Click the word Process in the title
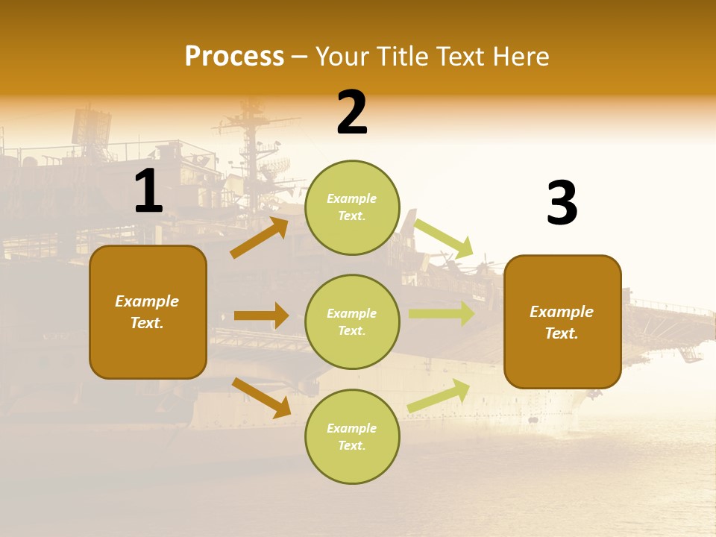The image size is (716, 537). coord(235,56)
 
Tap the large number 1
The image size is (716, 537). coord(149,190)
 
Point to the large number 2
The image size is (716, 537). coord(352,112)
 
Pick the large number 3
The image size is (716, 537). coord(562,202)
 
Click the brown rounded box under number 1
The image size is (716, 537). coord(148,313)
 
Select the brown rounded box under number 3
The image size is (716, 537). coord(562,322)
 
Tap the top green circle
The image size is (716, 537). coord(352,207)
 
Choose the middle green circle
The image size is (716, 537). coord(352,322)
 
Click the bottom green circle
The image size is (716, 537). coord(352,436)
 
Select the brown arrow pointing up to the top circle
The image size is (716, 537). coord(260,237)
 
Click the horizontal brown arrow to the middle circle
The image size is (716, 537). coord(261,315)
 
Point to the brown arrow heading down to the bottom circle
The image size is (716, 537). coord(262,398)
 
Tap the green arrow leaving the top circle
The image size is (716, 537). coord(443,239)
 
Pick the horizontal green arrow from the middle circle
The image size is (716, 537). coord(442,314)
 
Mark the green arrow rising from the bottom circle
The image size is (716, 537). coord(439,395)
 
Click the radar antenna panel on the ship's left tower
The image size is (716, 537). coord(91,128)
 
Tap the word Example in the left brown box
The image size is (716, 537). coord(147,301)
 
